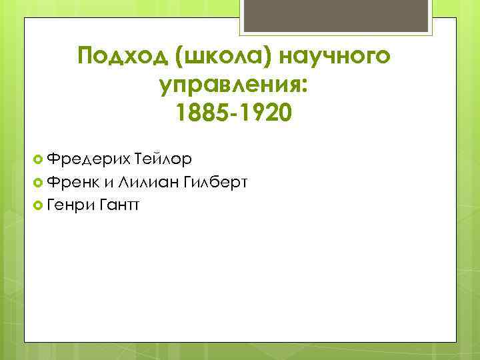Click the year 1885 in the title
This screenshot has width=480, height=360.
pos(200,113)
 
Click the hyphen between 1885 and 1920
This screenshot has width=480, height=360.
pos(233,114)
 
